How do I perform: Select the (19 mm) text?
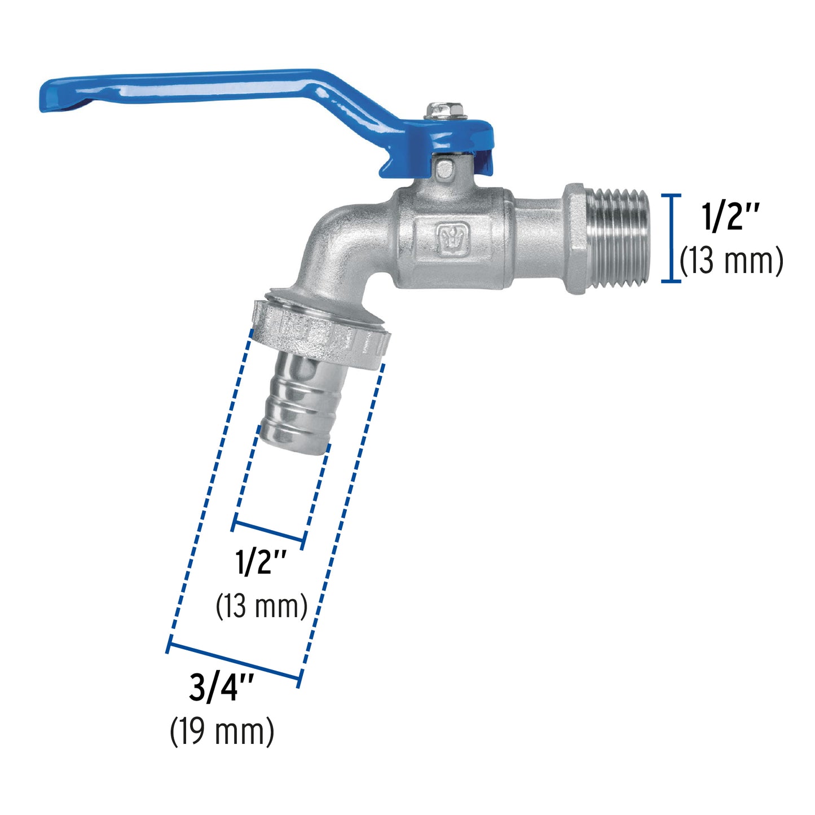(222, 732)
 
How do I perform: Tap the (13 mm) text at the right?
(732, 261)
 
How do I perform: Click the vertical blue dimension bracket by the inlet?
(670, 237)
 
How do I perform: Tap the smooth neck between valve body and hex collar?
(539, 239)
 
